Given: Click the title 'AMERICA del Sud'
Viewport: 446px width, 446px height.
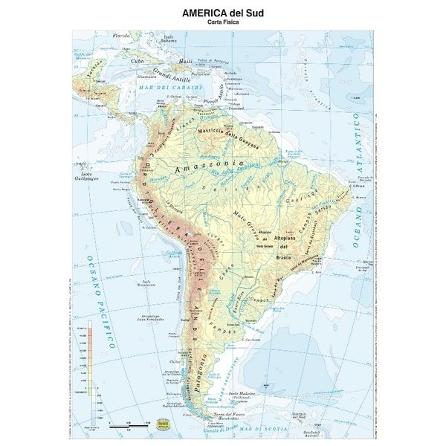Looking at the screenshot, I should coord(223,13).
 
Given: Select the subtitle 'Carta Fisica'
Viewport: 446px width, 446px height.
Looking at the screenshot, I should coord(223,23).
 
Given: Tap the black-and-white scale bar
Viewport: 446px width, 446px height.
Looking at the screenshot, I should coord(126,427).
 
